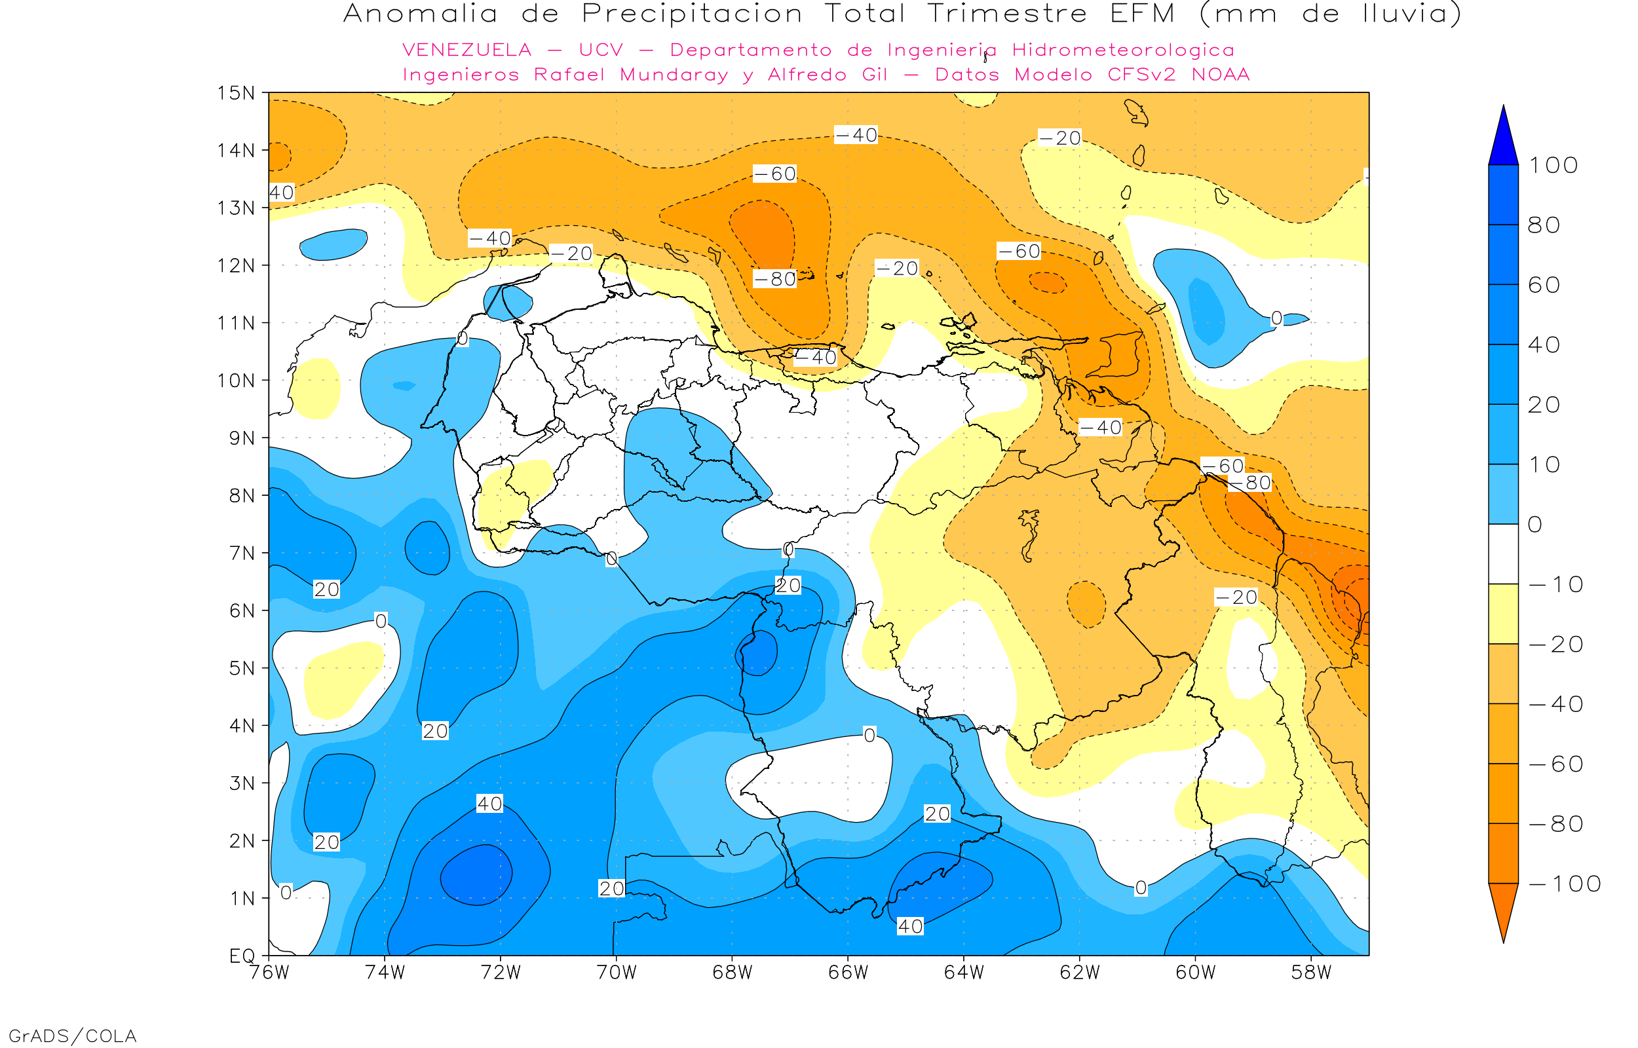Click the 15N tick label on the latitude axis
(x=235, y=92)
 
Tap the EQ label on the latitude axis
(x=242, y=956)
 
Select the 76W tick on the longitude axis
(x=269, y=973)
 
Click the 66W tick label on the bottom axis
(x=848, y=973)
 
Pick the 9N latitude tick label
(x=242, y=438)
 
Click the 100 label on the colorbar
(x=1553, y=165)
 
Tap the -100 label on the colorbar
(x=1565, y=884)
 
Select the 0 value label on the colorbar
(x=1535, y=525)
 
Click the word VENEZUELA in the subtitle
(x=467, y=50)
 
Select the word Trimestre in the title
(x=1007, y=14)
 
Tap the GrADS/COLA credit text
(x=73, y=1036)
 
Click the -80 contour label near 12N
(x=774, y=279)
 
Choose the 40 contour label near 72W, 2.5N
(x=489, y=804)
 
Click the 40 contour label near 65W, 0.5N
(x=910, y=926)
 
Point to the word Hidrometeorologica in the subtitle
(x=1123, y=50)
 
